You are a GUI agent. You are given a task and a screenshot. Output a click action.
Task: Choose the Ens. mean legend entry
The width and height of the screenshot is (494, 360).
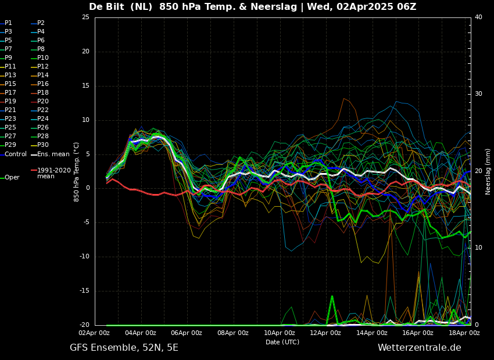(x=53, y=154)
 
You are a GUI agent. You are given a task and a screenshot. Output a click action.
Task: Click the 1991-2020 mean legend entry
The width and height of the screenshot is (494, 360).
(x=53, y=173)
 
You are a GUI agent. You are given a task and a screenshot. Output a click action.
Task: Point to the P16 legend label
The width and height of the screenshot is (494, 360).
(x=43, y=84)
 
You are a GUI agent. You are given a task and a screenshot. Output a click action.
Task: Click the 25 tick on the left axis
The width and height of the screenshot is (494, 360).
(x=85, y=17)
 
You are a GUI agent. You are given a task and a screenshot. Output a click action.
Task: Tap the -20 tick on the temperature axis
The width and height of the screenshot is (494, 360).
(x=84, y=325)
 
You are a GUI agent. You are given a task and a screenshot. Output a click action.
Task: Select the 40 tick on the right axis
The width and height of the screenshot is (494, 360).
(x=478, y=17)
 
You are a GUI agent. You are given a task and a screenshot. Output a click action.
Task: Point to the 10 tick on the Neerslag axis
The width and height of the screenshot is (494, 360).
(x=478, y=248)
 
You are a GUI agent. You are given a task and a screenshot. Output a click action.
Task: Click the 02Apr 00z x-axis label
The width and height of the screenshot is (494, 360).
(x=94, y=333)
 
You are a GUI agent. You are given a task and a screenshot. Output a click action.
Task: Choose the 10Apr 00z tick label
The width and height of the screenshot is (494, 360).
(x=280, y=333)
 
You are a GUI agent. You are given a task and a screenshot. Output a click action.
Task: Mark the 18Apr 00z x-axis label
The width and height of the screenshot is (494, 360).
(x=464, y=333)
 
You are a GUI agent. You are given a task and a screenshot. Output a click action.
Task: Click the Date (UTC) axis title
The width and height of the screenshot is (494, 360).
(x=282, y=342)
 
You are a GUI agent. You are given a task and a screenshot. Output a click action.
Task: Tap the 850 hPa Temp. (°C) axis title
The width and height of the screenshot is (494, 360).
(x=77, y=171)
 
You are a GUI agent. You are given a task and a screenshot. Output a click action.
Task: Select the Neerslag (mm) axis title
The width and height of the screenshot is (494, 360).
(x=488, y=171)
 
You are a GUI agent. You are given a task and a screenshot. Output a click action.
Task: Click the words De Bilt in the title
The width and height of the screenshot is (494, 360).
(x=110, y=7)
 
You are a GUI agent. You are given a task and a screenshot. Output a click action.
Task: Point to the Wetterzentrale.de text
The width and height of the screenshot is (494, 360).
(x=419, y=348)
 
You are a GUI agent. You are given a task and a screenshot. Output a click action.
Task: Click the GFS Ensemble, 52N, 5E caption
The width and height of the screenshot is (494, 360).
(x=124, y=348)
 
